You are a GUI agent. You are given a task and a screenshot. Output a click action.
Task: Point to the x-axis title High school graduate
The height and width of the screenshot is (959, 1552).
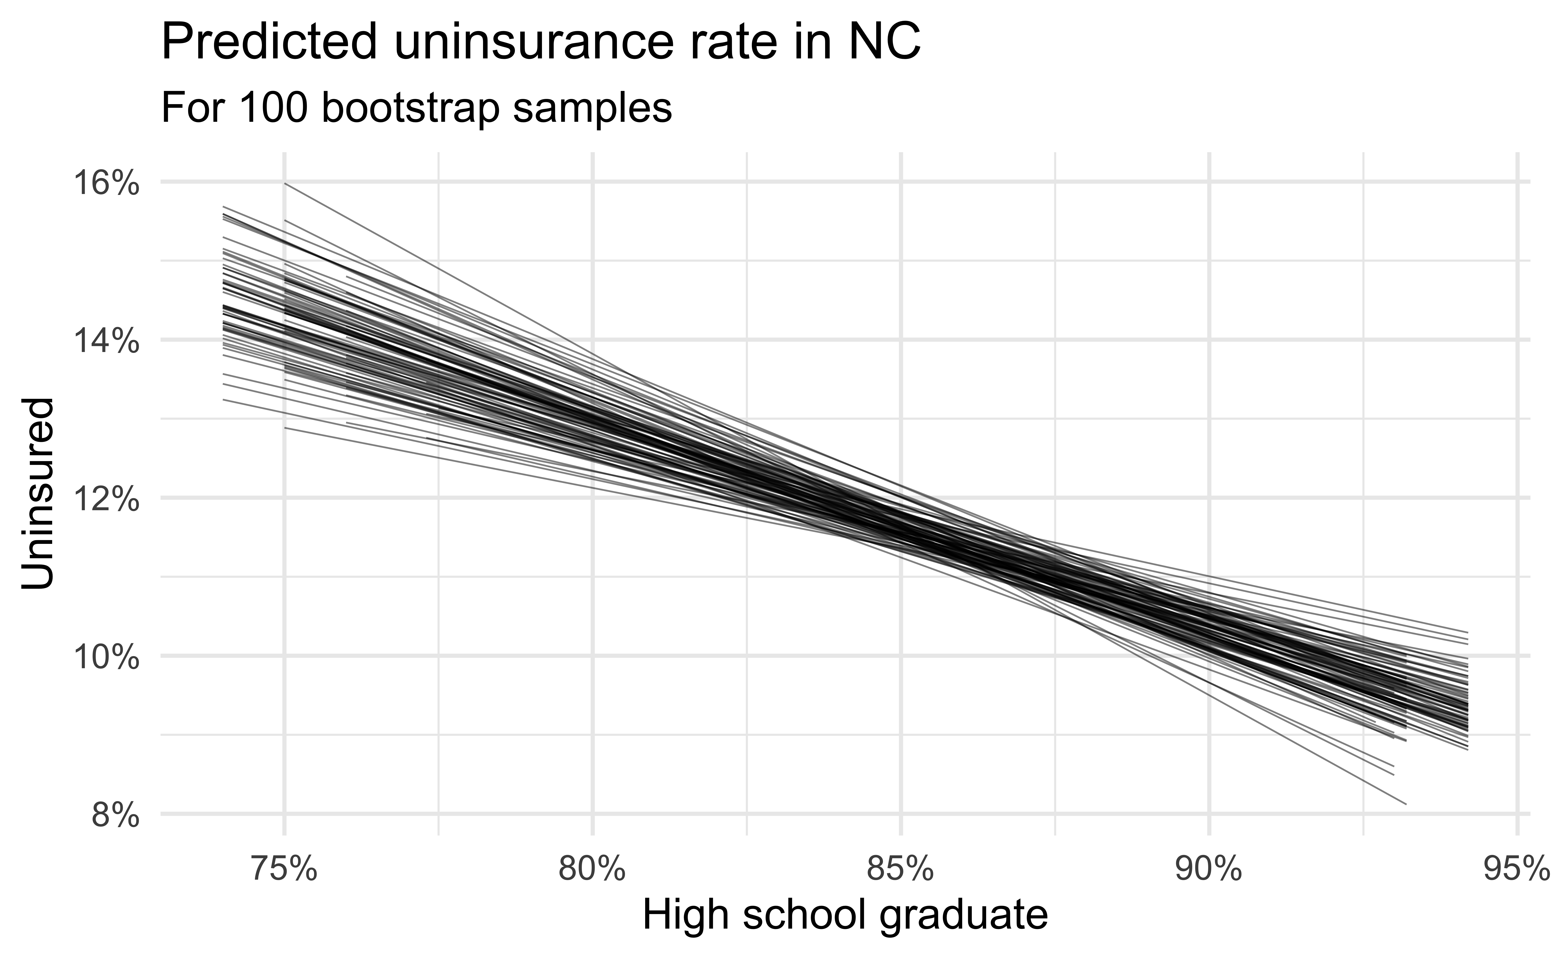(845, 917)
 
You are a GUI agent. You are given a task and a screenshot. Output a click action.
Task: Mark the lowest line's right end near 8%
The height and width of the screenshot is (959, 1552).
(1406, 804)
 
